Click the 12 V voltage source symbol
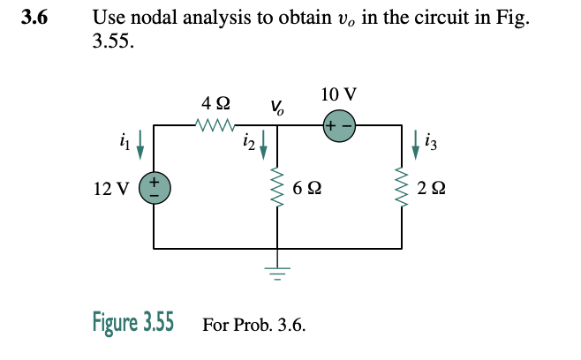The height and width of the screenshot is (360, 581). point(155,187)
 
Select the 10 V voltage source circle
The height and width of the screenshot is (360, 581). point(339,125)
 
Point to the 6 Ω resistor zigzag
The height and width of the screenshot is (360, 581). point(279,187)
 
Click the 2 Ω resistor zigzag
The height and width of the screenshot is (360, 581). point(404,187)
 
